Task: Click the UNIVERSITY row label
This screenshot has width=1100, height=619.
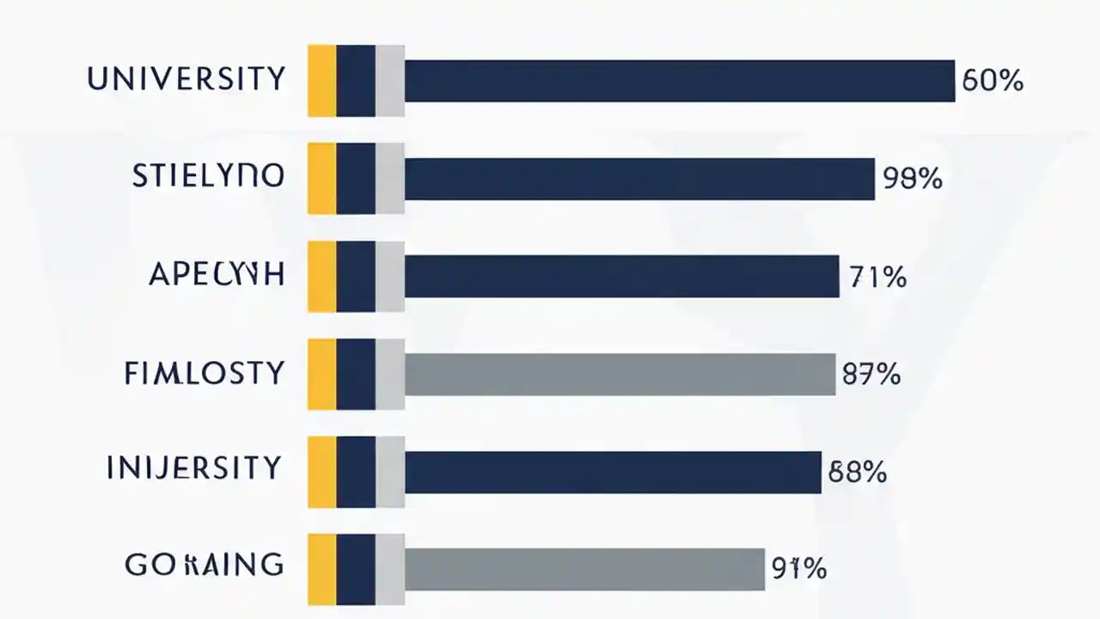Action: (186, 80)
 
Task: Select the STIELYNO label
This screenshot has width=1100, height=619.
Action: (208, 177)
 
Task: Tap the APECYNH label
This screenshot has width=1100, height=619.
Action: (216, 275)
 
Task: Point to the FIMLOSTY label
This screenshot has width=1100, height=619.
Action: (204, 374)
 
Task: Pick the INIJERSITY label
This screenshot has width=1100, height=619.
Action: (194, 469)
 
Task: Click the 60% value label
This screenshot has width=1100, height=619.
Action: (993, 82)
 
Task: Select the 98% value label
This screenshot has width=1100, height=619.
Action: (913, 179)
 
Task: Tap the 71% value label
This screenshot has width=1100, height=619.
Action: (877, 278)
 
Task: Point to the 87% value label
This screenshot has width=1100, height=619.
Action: (871, 375)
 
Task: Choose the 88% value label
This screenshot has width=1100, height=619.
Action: (857, 472)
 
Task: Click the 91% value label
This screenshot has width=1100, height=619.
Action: (798, 568)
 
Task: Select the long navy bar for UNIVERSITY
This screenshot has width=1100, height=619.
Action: (680, 81)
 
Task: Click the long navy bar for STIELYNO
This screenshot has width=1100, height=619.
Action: (639, 179)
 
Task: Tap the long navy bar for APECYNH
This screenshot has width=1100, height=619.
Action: (621, 276)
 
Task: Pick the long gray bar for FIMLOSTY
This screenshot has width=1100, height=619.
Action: (620, 374)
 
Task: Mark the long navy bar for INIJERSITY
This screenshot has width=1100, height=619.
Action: (613, 471)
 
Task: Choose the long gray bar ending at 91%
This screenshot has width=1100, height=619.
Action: (584, 569)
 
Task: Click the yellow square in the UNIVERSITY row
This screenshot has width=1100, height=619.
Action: (321, 81)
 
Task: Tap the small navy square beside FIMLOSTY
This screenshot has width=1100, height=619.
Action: (356, 374)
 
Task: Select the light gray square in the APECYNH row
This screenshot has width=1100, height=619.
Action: (390, 276)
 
